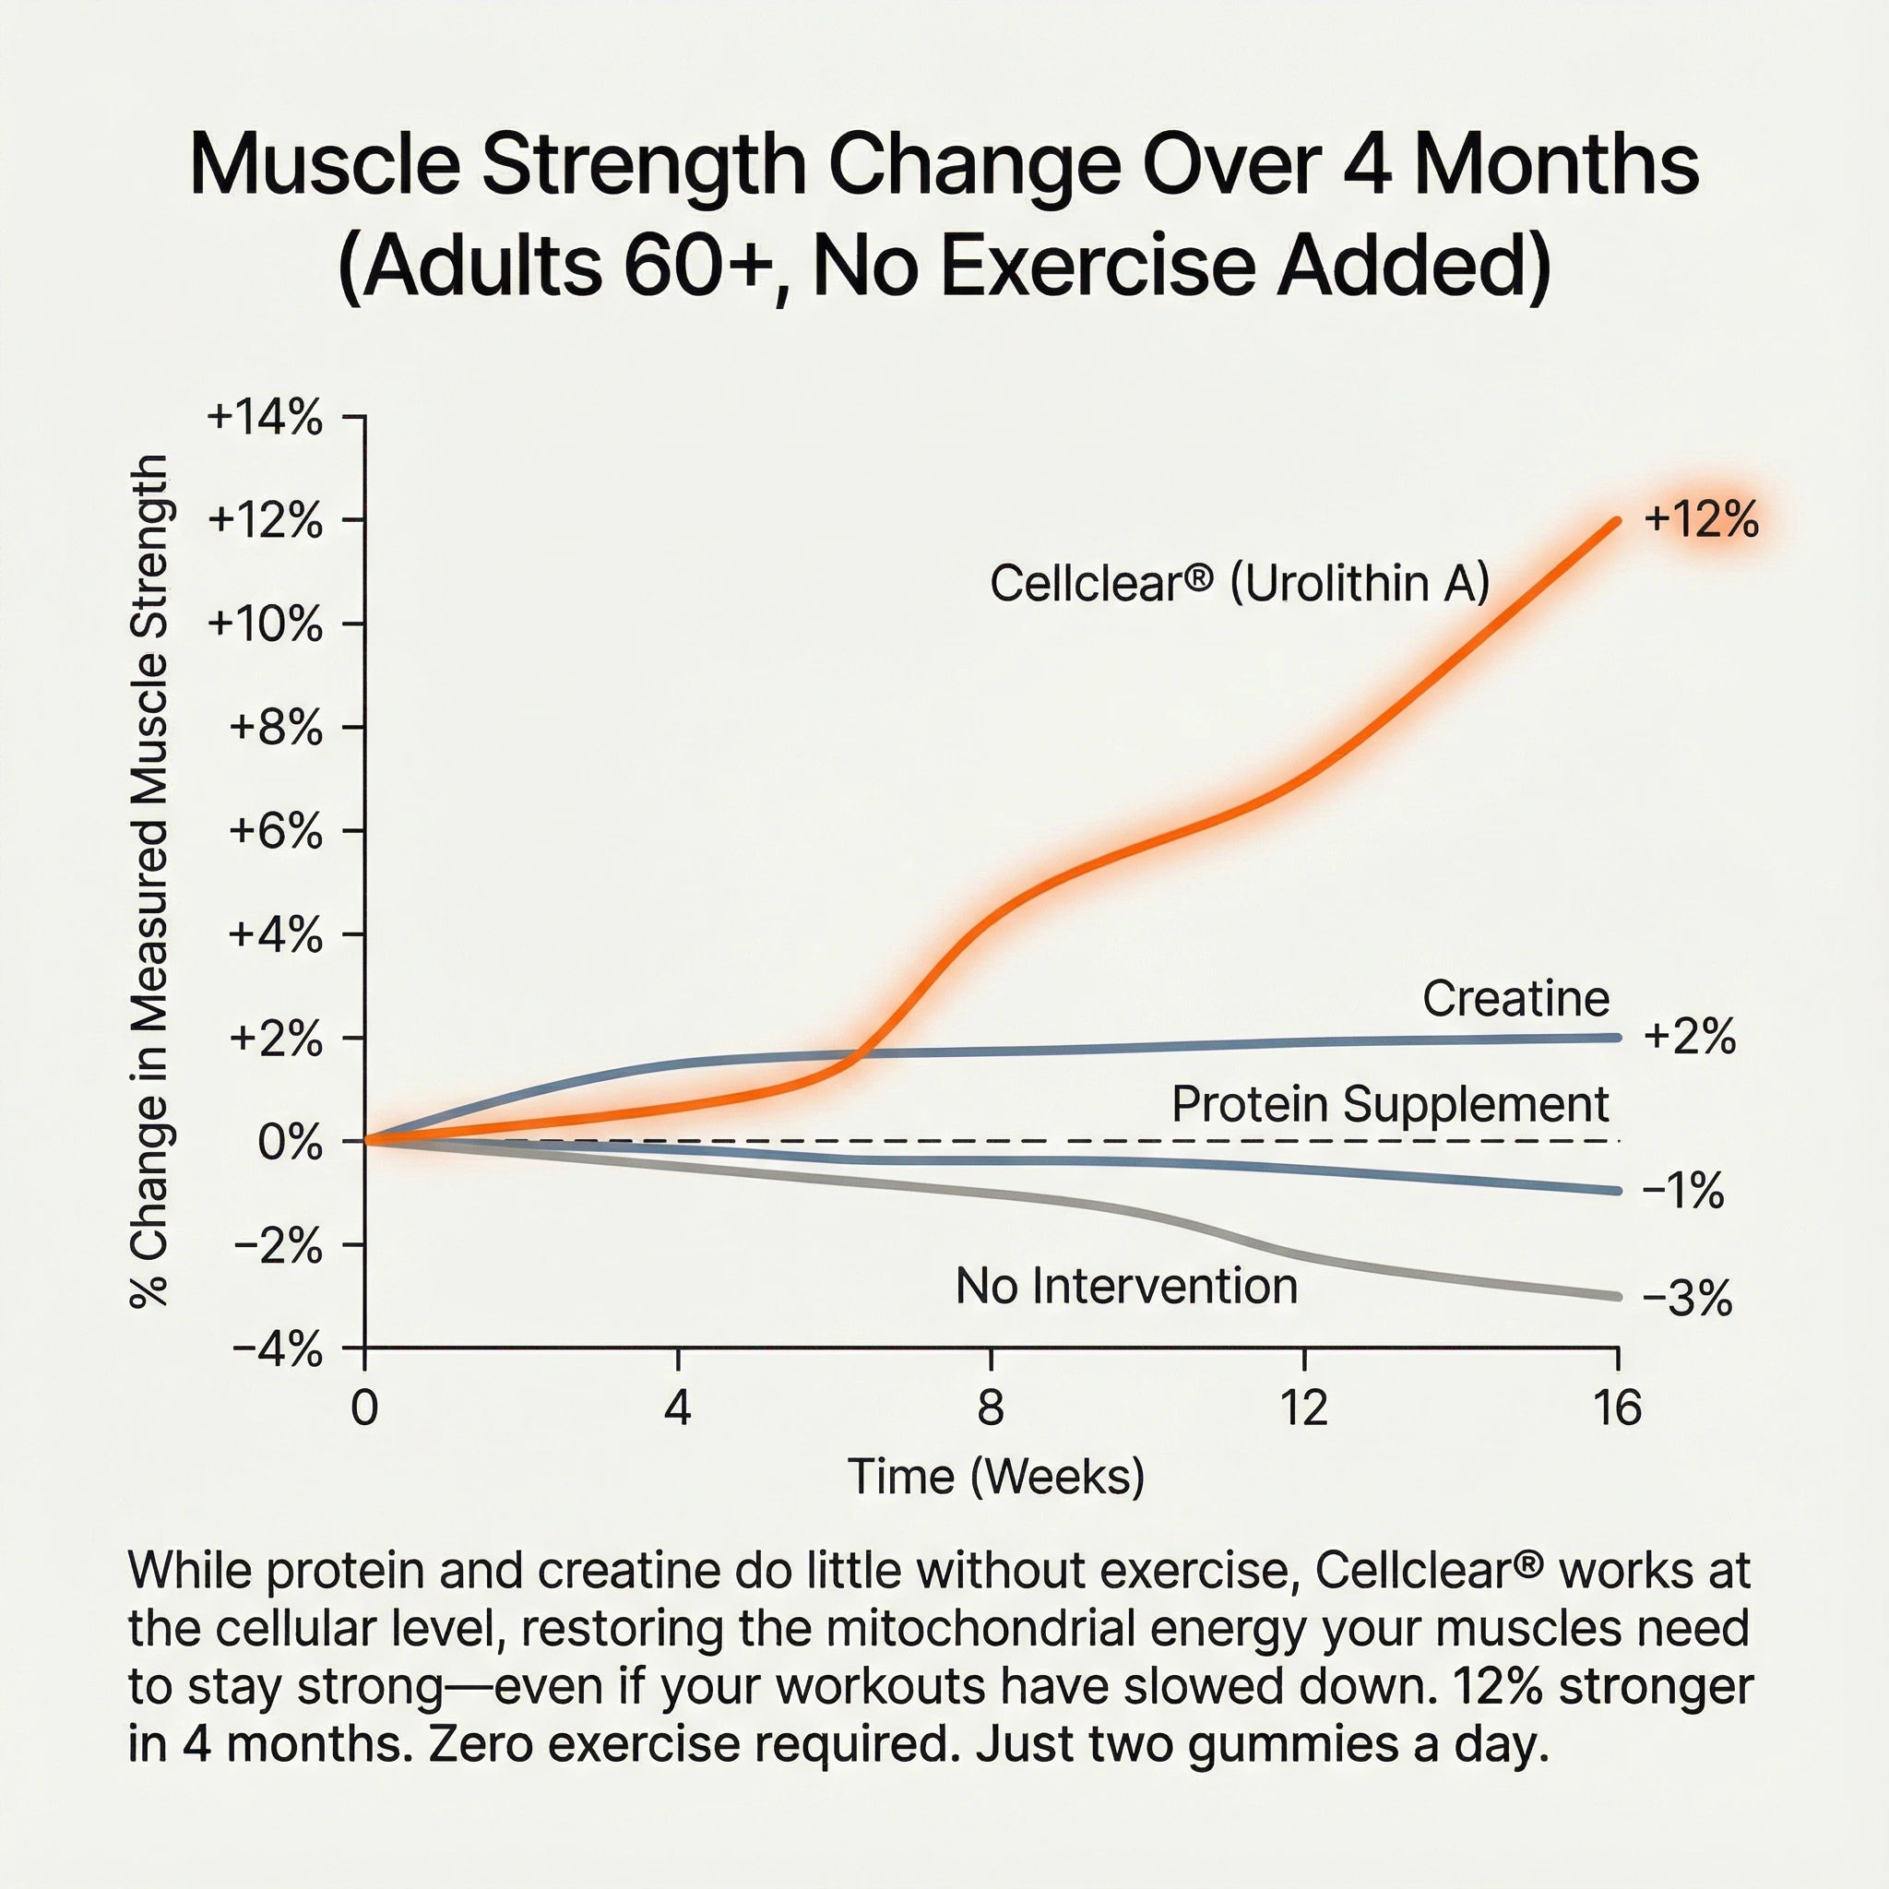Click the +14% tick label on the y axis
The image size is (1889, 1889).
pyautogui.click(x=264, y=419)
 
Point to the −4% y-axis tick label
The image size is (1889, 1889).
pyautogui.click(x=277, y=1351)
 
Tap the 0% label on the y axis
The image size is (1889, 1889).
pyautogui.click(x=290, y=1142)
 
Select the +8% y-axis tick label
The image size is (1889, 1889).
pyautogui.click(x=275, y=729)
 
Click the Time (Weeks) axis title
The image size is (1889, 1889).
pyautogui.click(x=995, y=1477)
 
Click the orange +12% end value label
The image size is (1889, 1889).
pyautogui.click(x=1701, y=519)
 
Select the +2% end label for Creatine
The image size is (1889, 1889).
pyautogui.click(x=1690, y=1037)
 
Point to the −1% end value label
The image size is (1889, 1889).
pyautogui.click(x=1682, y=1191)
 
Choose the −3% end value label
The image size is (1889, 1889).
pyautogui.click(x=1687, y=1299)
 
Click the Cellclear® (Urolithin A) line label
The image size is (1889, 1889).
pyautogui.click(x=1239, y=584)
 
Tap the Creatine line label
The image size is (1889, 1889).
pyautogui.click(x=1515, y=998)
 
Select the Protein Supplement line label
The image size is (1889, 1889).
pyautogui.click(x=1389, y=1104)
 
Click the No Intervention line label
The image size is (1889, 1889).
pyautogui.click(x=1126, y=1286)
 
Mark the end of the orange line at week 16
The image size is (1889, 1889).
pyautogui.click(x=1616, y=521)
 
